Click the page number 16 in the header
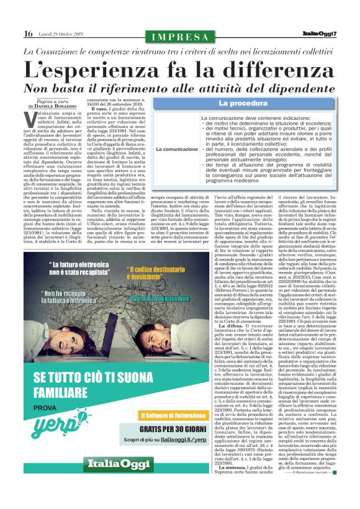point(28,33)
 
